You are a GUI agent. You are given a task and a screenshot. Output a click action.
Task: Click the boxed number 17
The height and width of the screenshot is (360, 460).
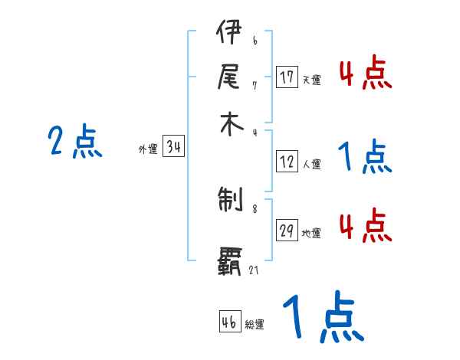[287, 77]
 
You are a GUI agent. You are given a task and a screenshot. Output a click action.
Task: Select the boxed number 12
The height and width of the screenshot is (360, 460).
[287, 162]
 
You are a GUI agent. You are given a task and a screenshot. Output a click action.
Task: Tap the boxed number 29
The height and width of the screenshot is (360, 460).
[287, 231]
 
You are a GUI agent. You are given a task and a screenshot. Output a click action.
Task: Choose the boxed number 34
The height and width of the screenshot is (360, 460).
[173, 148]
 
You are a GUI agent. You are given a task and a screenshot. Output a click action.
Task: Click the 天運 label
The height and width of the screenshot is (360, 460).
[311, 80]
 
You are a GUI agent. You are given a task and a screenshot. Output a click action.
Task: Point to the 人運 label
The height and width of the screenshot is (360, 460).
[311, 164]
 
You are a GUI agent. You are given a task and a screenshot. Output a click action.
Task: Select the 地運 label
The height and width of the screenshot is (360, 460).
[311, 234]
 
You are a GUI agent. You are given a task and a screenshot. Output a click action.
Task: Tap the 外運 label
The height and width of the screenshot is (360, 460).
[148, 150]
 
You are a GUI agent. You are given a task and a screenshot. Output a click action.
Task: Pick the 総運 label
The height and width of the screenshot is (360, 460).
[255, 325]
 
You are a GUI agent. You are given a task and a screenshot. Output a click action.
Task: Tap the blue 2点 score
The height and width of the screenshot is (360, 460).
[75, 142]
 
